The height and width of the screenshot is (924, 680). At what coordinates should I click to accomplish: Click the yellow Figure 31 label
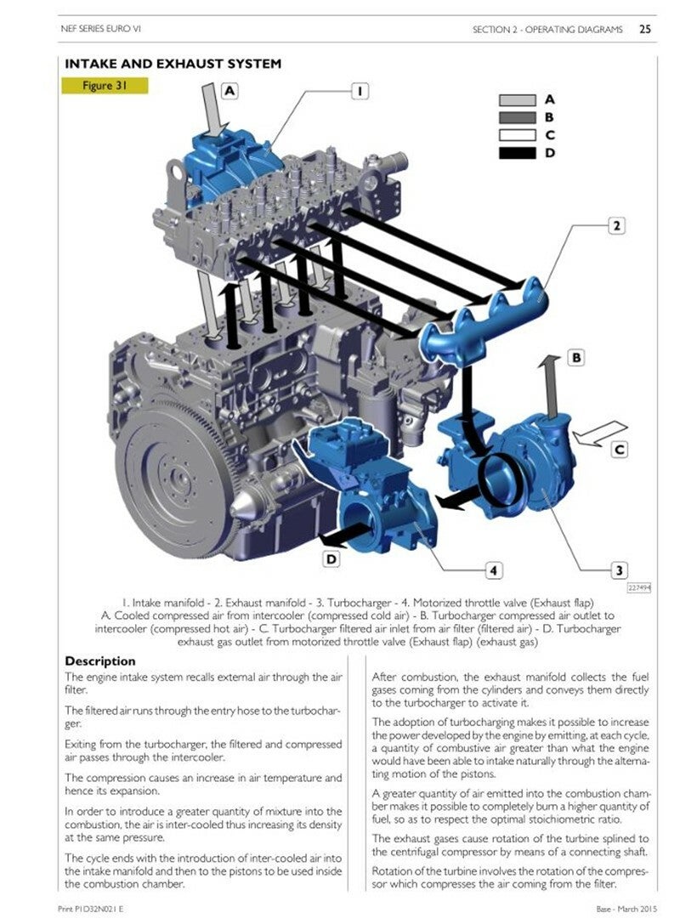click(105, 86)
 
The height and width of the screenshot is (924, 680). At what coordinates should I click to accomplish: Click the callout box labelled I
click(360, 91)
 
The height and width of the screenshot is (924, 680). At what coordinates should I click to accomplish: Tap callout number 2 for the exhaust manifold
click(616, 226)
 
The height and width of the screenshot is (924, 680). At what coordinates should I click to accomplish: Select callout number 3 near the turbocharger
click(619, 570)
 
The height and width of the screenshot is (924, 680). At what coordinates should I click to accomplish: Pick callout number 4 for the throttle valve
click(494, 570)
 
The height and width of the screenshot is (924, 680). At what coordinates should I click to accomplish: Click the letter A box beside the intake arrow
click(229, 91)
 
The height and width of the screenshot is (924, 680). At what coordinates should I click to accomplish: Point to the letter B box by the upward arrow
click(576, 357)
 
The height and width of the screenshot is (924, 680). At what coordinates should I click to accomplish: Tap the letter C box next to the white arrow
click(620, 450)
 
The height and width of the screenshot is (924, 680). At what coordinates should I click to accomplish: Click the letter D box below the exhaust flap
click(332, 558)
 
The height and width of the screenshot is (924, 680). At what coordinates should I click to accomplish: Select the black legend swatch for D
click(518, 153)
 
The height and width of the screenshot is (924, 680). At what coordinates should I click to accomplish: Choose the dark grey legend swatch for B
click(518, 118)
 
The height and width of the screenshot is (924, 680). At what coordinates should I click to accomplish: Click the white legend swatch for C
click(518, 135)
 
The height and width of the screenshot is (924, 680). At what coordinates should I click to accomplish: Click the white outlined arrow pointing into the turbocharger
click(599, 433)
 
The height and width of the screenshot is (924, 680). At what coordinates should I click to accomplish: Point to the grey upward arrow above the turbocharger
click(551, 385)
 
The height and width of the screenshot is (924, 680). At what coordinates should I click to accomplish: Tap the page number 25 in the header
click(645, 29)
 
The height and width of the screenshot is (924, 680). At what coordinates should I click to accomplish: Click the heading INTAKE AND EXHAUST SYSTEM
click(173, 64)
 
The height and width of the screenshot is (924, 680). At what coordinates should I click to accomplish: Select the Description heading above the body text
click(100, 661)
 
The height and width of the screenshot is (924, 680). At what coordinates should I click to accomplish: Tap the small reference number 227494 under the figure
click(638, 587)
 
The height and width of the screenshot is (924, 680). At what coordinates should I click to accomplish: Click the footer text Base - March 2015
click(626, 910)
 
